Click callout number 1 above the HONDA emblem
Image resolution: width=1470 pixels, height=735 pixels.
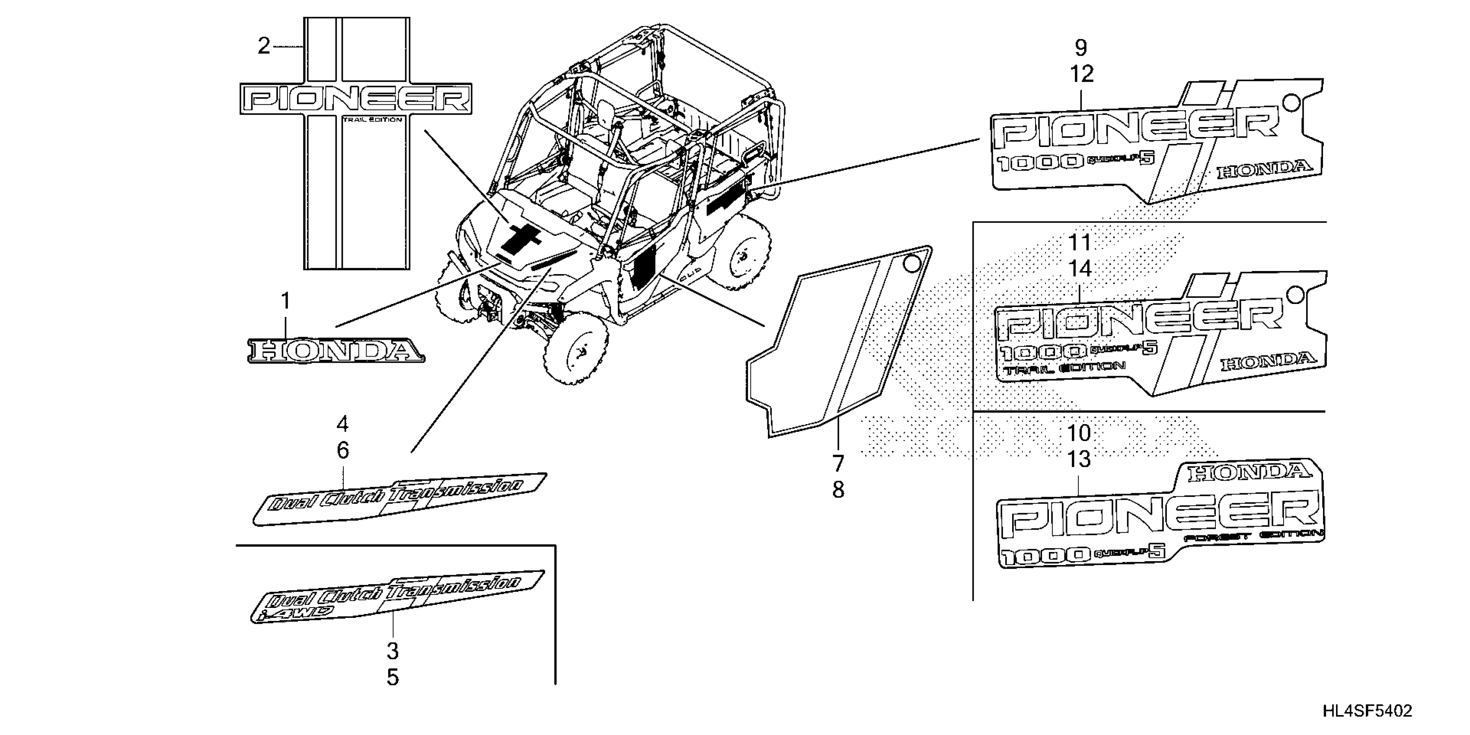coord(285,301)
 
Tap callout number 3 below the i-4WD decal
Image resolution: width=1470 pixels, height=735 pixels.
coord(393,651)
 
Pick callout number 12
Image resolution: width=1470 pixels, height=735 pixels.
coord(1081,74)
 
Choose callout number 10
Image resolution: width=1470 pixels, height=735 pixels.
coord(1079,433)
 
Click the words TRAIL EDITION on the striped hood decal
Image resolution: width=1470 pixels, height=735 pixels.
coord(372,120)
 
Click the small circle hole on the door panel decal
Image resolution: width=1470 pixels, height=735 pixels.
coord(912,264)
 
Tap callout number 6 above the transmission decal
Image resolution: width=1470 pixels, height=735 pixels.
coord(342,451)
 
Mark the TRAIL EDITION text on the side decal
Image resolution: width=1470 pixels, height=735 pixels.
coord(1065,368)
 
